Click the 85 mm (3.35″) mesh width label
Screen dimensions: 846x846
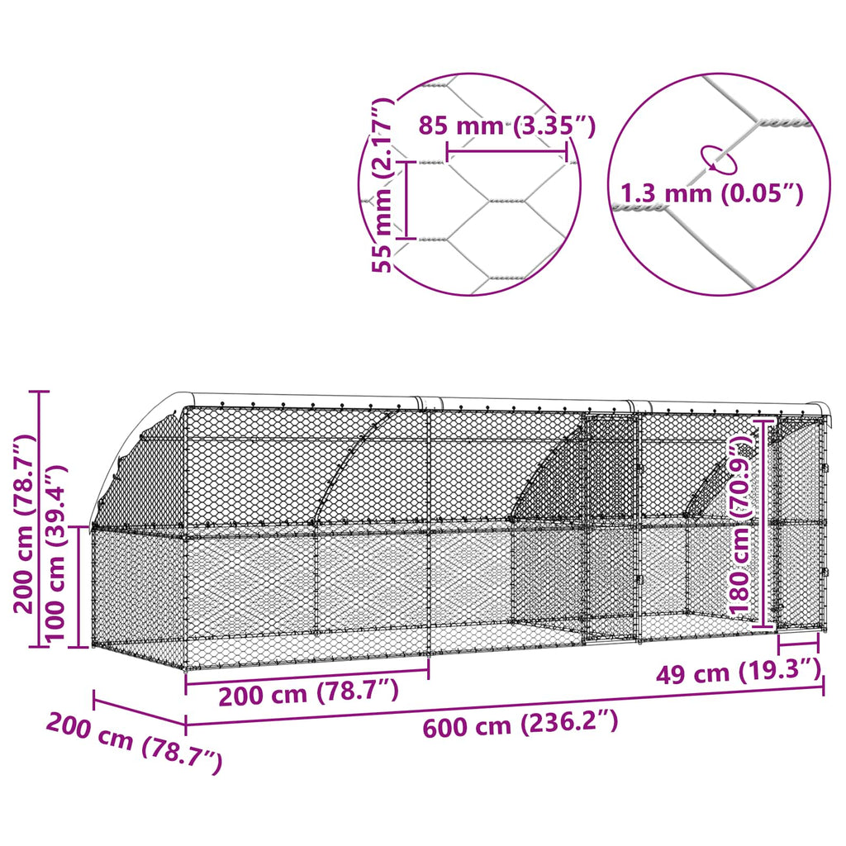tap(507, 126)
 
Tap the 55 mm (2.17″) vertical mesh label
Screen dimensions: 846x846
tap(383, 184)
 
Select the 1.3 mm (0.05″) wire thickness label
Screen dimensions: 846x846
tap(711, 192)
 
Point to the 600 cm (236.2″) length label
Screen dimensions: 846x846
tap(520, 724)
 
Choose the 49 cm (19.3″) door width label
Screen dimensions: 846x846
tap(739, 673)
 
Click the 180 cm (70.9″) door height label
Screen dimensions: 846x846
tap(741, 524)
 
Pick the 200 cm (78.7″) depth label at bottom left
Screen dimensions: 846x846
tap(135, 743)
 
